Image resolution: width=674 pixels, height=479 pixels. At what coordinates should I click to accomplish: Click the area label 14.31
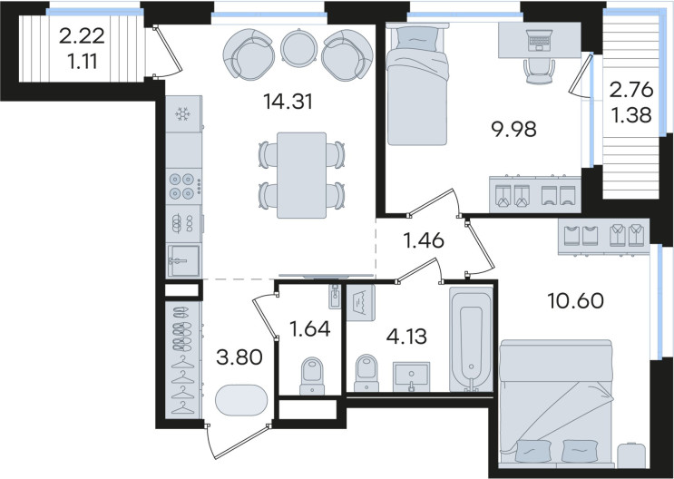click(x=288, y=102)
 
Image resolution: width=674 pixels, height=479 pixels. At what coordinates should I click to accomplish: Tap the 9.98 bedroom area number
click(x=514, y=129)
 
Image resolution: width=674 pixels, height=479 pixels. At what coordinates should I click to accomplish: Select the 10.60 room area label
click(x=575, y=300)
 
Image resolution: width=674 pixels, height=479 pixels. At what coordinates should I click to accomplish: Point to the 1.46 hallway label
click(x=424, y=239)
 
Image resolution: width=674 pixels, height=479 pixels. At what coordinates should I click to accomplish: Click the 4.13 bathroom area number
click(x=406, y=337)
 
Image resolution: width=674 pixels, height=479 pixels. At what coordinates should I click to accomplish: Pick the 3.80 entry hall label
click(x=239, y=357)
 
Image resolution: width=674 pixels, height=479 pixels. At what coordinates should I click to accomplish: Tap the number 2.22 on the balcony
click(x=82, y=36)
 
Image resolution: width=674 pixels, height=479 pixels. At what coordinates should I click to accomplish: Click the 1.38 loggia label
click(x=631, y=115)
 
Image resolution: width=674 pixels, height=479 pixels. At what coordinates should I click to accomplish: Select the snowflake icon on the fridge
click(x=182, y=114)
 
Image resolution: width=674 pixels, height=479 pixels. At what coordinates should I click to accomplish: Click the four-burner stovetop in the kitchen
click(x=183, y=186)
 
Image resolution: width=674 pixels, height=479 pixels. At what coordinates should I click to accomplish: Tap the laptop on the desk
click(x=539, y=40)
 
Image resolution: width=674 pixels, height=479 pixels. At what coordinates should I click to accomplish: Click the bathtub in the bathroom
click(x=471, y=339)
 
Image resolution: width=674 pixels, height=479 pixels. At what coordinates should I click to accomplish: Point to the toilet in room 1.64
click(x=312, y=376)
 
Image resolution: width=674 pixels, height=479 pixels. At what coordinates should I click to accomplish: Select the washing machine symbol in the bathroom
click(x=361, y=303)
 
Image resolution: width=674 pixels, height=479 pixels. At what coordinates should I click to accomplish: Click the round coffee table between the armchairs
click(x=298, y=47)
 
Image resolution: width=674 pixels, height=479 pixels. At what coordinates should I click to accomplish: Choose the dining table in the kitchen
click(x=301, y=175)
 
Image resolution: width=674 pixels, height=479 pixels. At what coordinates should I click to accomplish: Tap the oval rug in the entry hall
click(x=241, y=400)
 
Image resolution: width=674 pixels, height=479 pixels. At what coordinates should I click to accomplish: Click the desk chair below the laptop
click(x=539, y=72)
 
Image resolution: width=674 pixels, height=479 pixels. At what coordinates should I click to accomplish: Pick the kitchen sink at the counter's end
click(x=183, y=260)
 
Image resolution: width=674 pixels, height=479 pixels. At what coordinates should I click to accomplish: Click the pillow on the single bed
click(x=417, y=38)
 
